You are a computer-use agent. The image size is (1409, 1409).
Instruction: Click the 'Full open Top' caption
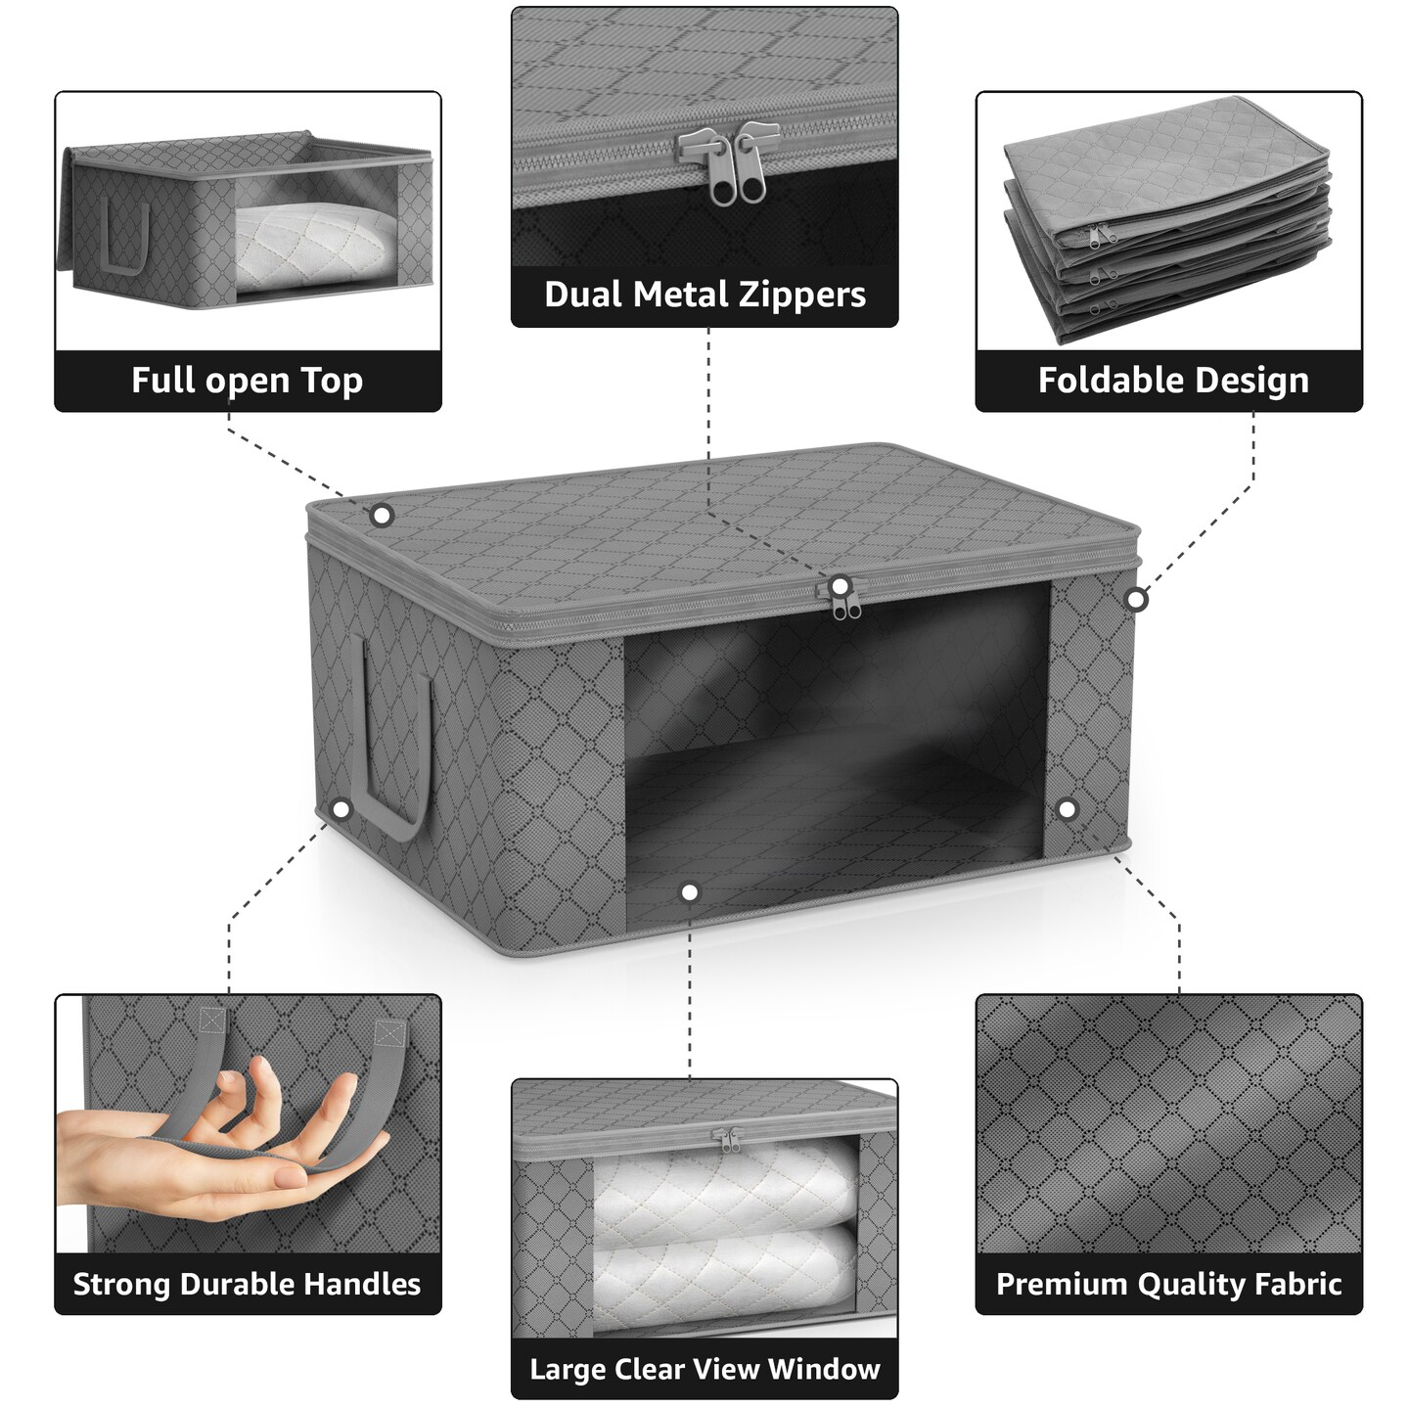(x=248, y=381)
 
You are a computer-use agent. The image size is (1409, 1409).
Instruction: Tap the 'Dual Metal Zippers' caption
(x=704, y=295)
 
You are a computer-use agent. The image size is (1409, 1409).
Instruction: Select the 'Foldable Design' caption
(x=1172, y=381)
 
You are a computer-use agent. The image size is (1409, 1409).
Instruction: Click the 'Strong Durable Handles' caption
(x=248, y=1284)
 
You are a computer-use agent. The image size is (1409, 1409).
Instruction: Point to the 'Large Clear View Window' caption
(x=704, y=1369)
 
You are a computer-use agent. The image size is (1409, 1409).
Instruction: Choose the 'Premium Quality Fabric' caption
(x=1168, y=1284)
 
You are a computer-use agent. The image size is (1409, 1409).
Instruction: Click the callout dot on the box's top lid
(x=382, y=515)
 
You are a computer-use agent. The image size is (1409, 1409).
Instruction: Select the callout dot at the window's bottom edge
(x=690, y=892)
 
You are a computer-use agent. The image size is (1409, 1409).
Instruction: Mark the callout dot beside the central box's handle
(x=341, y=809)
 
